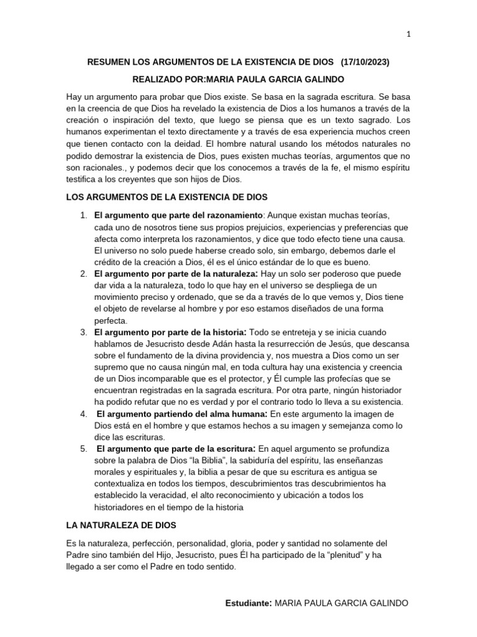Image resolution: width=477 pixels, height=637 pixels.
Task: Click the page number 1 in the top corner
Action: click(x=409, y=35)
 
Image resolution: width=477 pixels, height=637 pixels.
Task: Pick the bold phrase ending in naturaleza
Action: click(x=176, y=274)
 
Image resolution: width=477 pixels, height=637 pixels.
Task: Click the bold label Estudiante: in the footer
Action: click(x=248, y=604)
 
